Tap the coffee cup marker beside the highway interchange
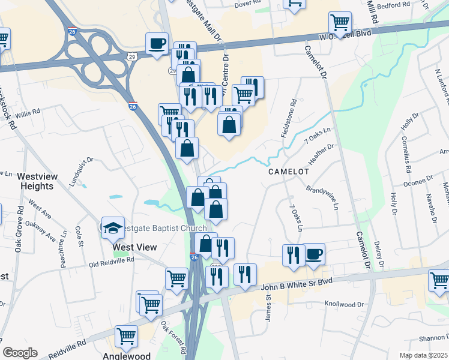pyautogui.click(x=157, y=44)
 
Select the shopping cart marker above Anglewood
pyautogui.click(x=127, y=338)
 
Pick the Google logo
pyautogui.click(x=20, y=352)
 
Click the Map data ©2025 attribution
pyautogui.click(x=424, y=355)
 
